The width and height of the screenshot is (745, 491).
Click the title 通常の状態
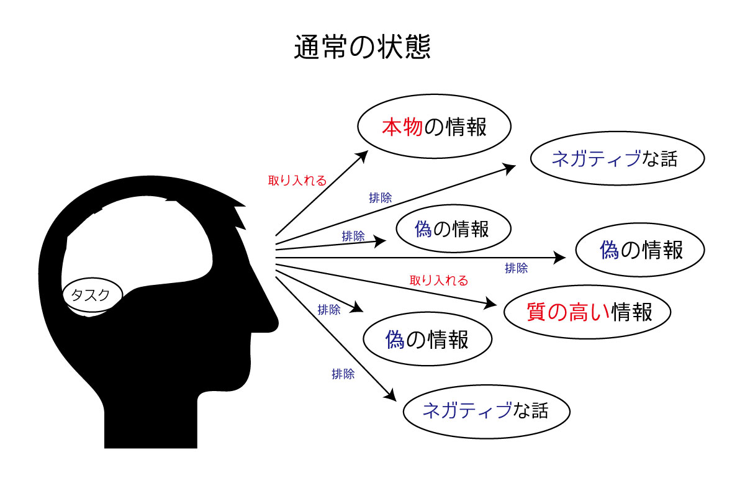click(x=362, y=47)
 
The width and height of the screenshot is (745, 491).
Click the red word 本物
click(x=402, y=127)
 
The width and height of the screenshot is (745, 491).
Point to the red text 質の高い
click(x=568, y=312)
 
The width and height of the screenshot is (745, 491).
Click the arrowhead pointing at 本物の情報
click(x=362, y=156)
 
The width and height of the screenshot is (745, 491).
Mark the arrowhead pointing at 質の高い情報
click(x=490, y=303)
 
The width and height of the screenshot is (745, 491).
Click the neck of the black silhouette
click(x=151, y=422)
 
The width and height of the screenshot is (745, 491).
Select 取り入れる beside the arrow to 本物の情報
click(x=297, y=181)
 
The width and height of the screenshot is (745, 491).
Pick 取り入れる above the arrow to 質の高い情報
click(x=439, y=281)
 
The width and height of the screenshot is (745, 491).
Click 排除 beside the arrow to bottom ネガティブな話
click(x=343, y=374)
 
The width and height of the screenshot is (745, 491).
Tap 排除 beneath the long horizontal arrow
click(x=516, y=268)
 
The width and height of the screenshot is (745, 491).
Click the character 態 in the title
click(x=417, y=47)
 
